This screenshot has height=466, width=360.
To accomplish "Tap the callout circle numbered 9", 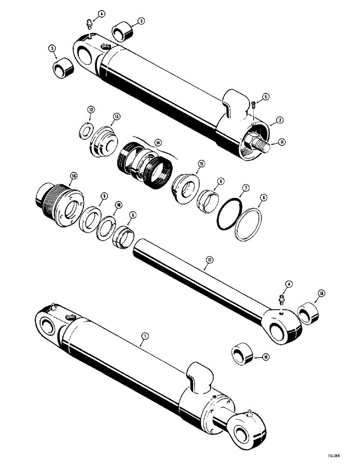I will click(104, 196).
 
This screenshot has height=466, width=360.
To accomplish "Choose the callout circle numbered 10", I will click(119, 205).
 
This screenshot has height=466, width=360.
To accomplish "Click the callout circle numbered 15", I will click(201, 164).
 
